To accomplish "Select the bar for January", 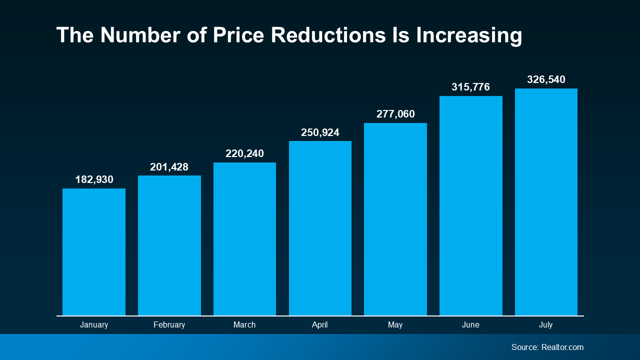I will click(94, 252).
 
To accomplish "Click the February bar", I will click(169, 245).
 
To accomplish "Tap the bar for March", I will click(244, 239).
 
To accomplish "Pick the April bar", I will click(320, 228).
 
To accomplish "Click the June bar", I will click(471, 205).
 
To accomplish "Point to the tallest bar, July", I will click(546, 202).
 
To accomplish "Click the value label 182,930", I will click(94, 179).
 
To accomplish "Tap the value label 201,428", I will click(169, 167).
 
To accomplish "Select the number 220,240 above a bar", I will click(244, 153).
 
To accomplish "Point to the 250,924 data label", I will click(320, 132).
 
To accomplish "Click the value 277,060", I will click(395, 114).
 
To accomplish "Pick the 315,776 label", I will click(471, 87).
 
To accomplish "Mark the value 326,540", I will click(546, 79).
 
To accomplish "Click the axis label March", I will click(244, 325).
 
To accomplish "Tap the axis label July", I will click(546, 325).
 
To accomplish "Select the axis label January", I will click(94, 325).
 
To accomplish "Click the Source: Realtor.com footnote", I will click(547, 347).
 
